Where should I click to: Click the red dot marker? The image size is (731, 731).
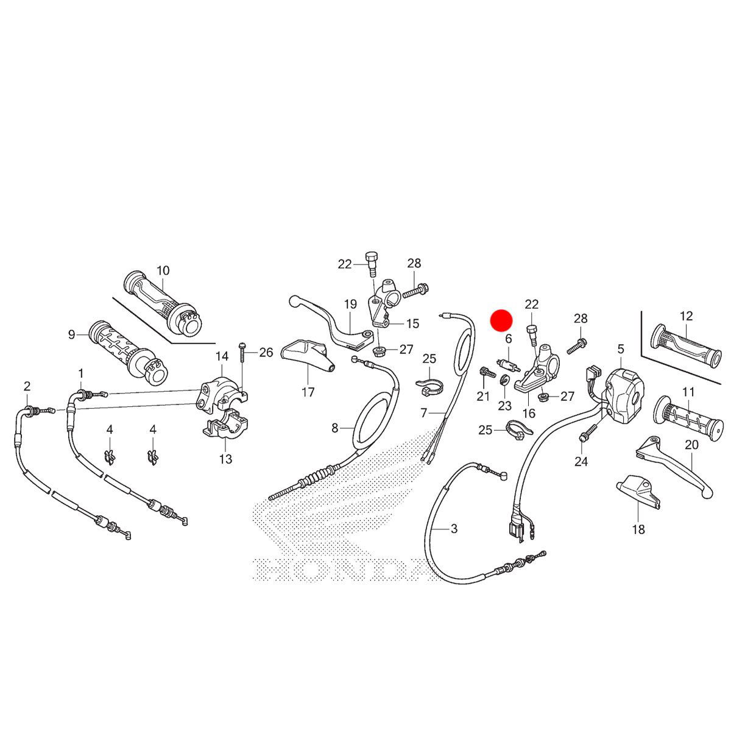coord(503,320)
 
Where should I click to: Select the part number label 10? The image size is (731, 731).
coord(163,270)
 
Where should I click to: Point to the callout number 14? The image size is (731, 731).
coord(221,356)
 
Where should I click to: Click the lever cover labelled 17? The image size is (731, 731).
coord(308,356)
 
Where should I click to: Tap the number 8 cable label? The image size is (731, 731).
coord(334,428)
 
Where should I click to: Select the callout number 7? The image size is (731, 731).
coord(424,413)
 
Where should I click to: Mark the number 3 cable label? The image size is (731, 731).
coord(454,529)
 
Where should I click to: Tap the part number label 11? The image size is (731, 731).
coord(688,392)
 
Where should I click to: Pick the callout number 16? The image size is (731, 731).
coord(528,413)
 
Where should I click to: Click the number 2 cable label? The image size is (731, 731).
coord(27,386)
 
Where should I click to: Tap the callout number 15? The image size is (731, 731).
coord(412,323)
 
